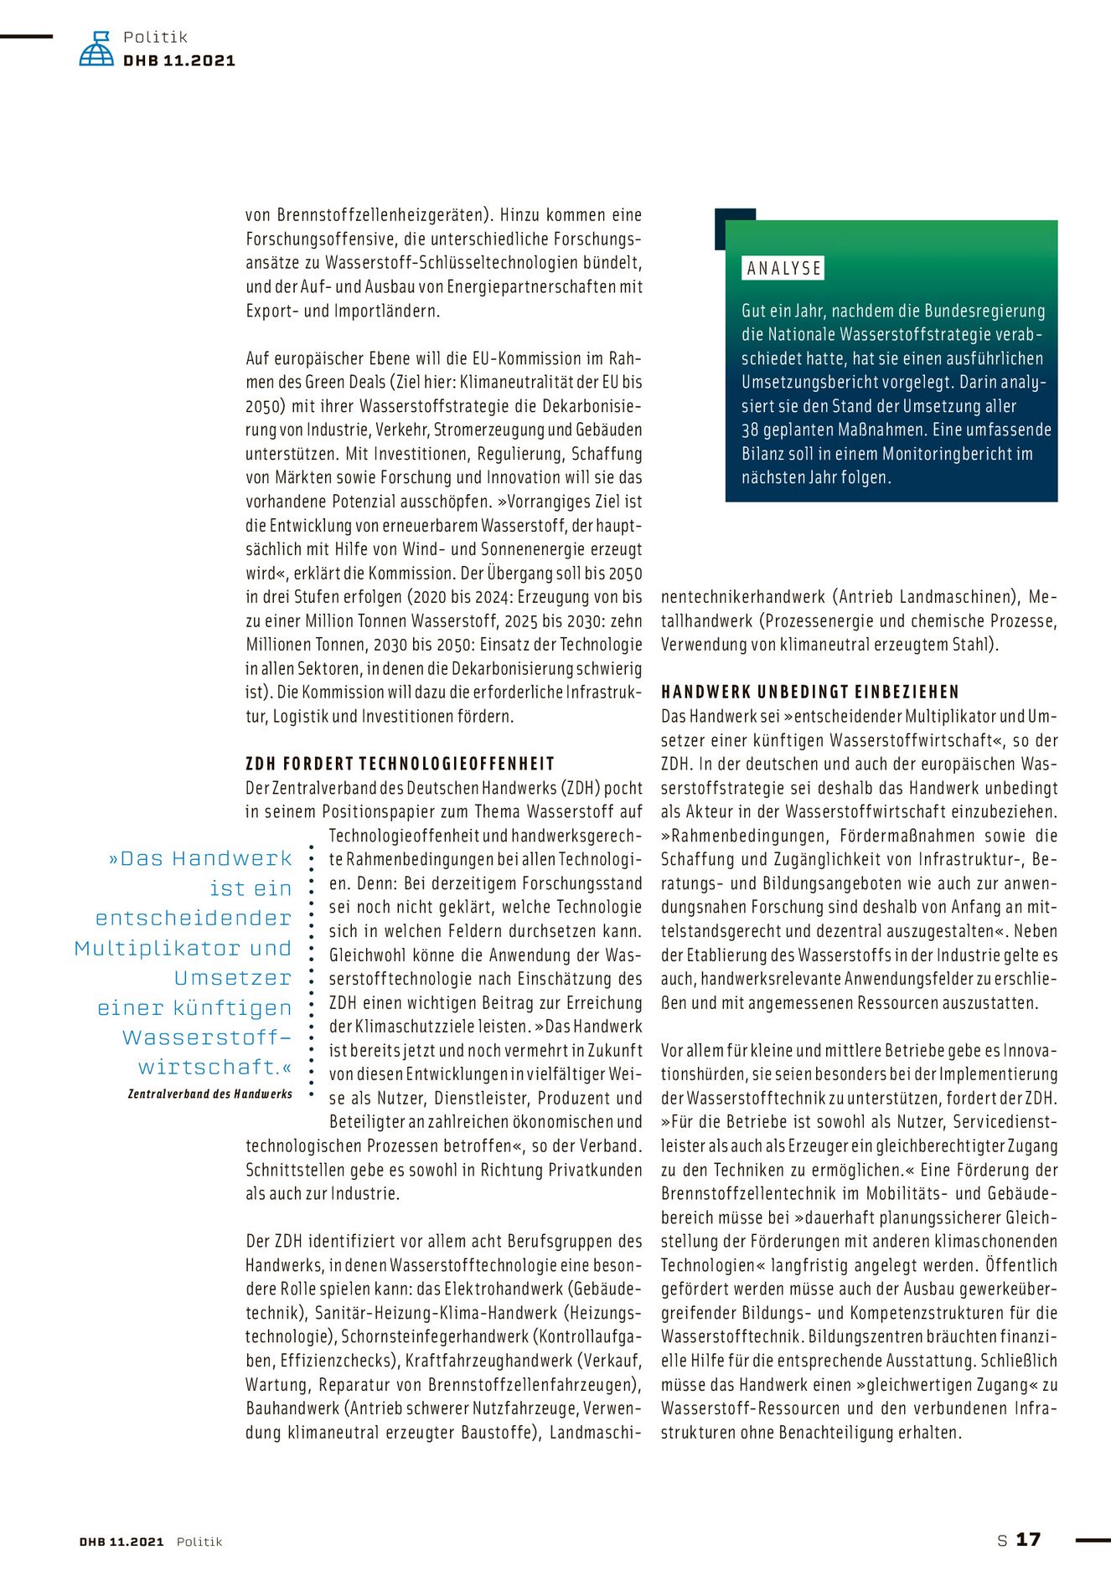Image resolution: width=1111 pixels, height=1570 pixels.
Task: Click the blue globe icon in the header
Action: [96, 49]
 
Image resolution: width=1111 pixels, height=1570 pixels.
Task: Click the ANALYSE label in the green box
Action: [784, 269]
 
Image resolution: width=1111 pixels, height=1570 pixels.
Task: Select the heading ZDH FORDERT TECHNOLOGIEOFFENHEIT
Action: [400, 764]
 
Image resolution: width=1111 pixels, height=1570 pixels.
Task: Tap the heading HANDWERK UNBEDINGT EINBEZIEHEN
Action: [810, 692]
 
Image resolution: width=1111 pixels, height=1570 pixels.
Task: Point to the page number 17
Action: [1028, 1540]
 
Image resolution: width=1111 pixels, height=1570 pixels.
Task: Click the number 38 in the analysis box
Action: [751, 430]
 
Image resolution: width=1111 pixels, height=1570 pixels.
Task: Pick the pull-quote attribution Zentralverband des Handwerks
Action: [209, 1094]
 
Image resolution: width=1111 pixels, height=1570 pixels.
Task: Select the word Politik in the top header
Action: [155, 38]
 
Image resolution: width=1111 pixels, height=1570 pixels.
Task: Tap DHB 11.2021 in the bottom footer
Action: [121, 1542]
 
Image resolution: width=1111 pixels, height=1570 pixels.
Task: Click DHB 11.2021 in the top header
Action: [179, 61]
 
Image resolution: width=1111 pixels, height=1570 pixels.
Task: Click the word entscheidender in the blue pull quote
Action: [194, 919]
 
